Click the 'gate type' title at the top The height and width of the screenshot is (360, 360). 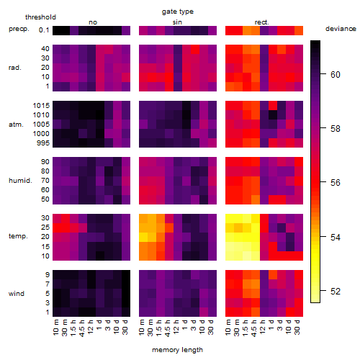click(178, 12)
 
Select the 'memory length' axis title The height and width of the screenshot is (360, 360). click(177, 350)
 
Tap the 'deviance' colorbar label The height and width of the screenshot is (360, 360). click(341, 29)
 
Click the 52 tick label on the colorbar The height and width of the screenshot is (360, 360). click(336, 292)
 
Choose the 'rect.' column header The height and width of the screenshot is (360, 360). click(262, 22)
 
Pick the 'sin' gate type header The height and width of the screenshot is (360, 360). click(177, 22)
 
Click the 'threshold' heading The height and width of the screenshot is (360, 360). click(40, 17)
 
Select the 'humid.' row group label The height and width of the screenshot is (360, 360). click(20, 181)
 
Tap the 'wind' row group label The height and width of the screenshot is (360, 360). click(17, 294)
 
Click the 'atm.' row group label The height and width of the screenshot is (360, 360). click(16, 125)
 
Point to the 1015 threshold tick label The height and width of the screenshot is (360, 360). click(41, 106)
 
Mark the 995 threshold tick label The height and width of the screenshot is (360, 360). click(43, 143)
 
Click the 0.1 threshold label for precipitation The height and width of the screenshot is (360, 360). click(44, 30)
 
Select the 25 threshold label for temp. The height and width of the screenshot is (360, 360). click(45, 228)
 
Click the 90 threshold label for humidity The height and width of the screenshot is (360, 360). click(45, 162)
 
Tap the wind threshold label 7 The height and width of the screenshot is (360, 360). click(48, 284)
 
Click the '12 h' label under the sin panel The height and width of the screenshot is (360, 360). click(176, 327)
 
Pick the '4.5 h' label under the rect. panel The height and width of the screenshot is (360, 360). click(254, 328)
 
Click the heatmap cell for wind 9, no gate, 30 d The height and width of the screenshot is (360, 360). click(126, 275)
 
